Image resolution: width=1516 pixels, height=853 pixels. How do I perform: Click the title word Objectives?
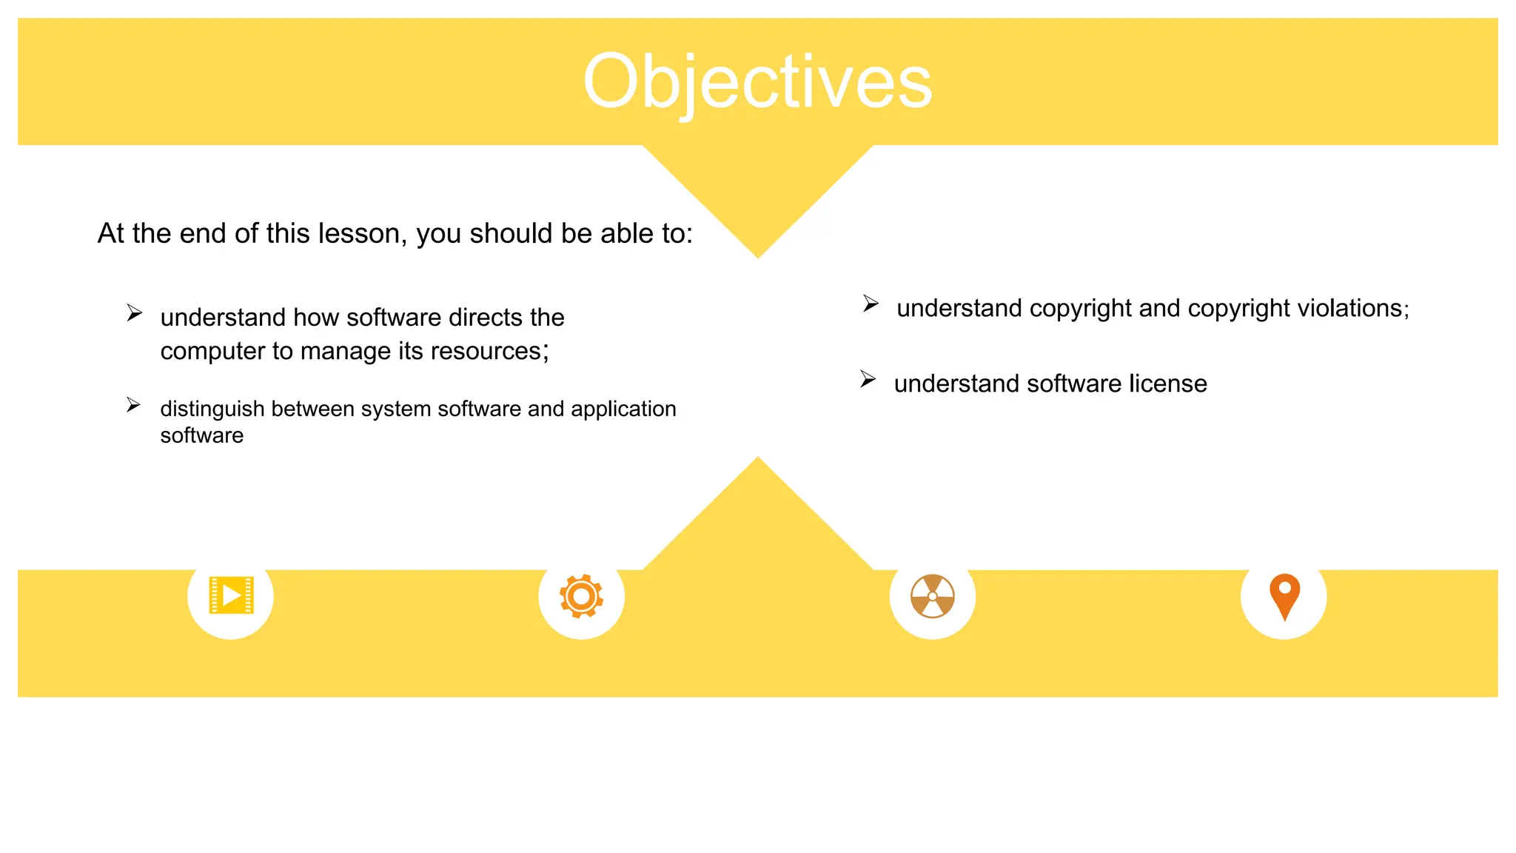click(x=757, y=81)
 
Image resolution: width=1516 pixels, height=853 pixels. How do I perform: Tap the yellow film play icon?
click(x=232, y=595)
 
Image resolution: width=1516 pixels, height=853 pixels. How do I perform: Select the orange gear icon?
click(x=582, y=596)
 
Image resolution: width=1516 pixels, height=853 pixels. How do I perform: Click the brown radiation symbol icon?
click(x=933, y=596)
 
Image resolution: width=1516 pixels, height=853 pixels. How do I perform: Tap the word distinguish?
click(x=212, y=409)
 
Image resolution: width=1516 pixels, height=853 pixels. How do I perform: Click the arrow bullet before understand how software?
click(x=134, y=313)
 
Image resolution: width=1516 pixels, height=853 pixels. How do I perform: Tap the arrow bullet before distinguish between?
click(x=133, y=405)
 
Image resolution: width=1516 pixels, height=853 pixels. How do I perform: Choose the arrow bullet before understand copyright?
click(x=871, y=304)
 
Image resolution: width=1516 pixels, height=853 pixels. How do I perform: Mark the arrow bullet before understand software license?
click(x=868, y=379)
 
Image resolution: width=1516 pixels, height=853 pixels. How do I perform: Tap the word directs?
click(x=486, y=317)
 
